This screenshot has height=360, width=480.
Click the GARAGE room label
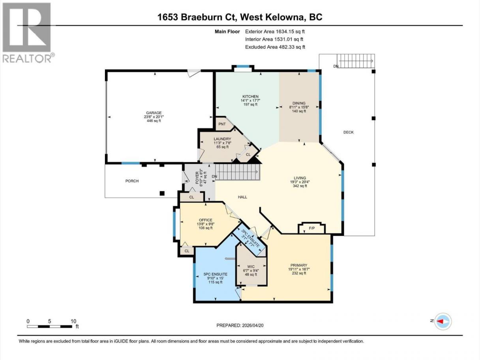[x=154, y=113]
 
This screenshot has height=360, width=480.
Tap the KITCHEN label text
[x=250, y=96]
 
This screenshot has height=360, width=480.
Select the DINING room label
[x=299, y=103]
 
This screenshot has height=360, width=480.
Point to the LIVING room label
[x=300, y=178]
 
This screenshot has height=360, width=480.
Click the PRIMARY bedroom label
[x=299, y=265]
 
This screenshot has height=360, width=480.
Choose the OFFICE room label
[x=206, y=220]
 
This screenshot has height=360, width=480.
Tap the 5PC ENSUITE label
[x=216, y=274]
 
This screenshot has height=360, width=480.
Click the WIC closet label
[x=251, y=267]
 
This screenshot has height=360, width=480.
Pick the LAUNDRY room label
[x=222, y=139]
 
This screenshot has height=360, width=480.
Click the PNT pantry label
[x=222, y=124]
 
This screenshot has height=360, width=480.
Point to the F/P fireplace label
[x=312, y=228]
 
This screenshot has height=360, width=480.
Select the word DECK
[x=349, y=132]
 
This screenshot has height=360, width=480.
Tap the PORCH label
[x=132, y=181]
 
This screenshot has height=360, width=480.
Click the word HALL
[x=242, y=197]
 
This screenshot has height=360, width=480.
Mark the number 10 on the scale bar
[x=73, y=321]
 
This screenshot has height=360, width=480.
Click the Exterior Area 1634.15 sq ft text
[x=275, y=32]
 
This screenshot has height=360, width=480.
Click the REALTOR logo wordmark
[x=27, y=58]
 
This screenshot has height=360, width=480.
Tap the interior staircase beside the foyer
[x=238, y=172]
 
